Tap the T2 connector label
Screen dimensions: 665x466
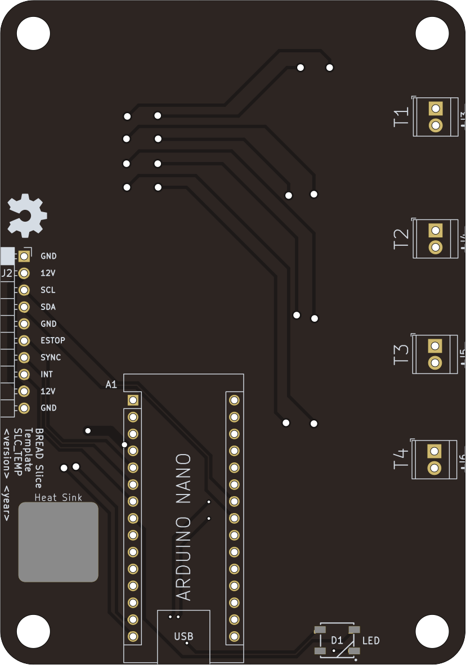[401, 239]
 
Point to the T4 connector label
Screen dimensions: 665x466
[400, 459]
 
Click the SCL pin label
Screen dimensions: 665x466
[48, 290]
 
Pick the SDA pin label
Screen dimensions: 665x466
[48, 307]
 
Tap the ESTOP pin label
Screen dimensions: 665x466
[52, 340]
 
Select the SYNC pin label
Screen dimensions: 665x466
[51, 357]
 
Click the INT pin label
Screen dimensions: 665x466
[47, 374]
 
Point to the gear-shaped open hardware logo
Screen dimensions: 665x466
[26, 215]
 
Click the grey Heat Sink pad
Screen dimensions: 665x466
[59, 542]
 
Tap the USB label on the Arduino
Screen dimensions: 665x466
[183, 636]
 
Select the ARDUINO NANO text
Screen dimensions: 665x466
[184, 527]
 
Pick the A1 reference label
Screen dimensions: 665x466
[111, 385]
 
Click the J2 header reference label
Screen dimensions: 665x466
[7, 273]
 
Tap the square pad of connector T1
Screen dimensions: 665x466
[435, 108]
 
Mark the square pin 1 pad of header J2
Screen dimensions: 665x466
[24, 257]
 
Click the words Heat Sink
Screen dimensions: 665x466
[59, 497]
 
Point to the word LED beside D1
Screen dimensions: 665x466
[371, 640]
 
